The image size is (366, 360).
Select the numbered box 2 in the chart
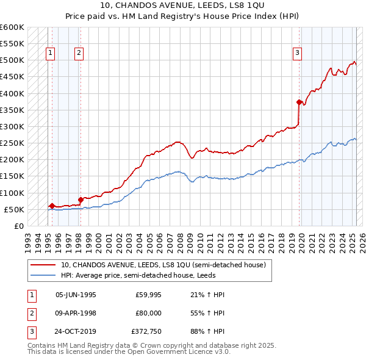[x=79, y=53]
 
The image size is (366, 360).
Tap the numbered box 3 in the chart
[x=297, y=53]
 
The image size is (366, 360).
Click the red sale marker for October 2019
[x=299, y=102]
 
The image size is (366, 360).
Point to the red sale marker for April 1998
[x=81, y=199]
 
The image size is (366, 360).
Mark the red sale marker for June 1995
[x=52, y=206]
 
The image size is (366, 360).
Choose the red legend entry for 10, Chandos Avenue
[x=163, y=265]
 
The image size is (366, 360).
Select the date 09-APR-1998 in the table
[x=76, y=314]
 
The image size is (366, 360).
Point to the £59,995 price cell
[x=149, y=294]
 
